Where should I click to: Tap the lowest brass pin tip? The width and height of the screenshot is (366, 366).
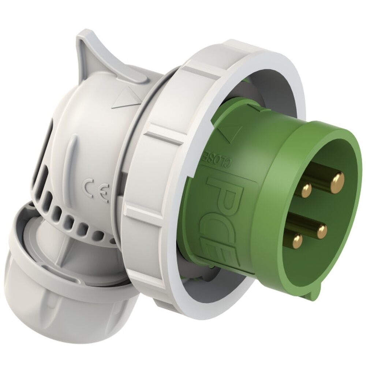(296, 242)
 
